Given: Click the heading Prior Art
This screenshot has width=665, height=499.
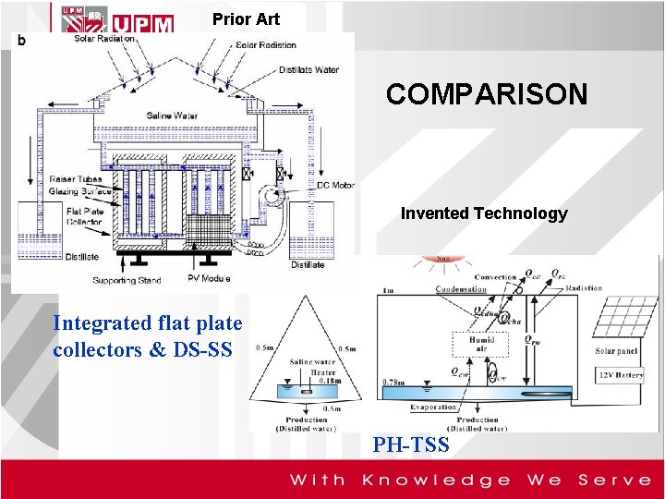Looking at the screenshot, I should coord(245,18).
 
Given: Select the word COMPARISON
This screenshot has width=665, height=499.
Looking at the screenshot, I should coord(486,94).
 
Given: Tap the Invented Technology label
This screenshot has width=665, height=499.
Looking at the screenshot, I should coord(484,213).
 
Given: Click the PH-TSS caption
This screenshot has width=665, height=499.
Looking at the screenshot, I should coord(410,445).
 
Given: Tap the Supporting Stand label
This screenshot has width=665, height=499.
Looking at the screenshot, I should coord(127,279).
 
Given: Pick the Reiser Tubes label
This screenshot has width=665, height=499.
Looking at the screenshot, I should coord(77,180).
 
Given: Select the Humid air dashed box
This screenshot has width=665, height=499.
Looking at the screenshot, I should coord(480,345).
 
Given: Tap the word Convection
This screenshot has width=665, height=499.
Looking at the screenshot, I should coord(495,277).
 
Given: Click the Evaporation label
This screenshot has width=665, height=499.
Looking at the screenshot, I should coord(433,408).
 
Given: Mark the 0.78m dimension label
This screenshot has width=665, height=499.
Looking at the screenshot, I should coord(393,382).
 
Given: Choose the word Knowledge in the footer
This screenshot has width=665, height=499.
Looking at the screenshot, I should coord(435,480).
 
